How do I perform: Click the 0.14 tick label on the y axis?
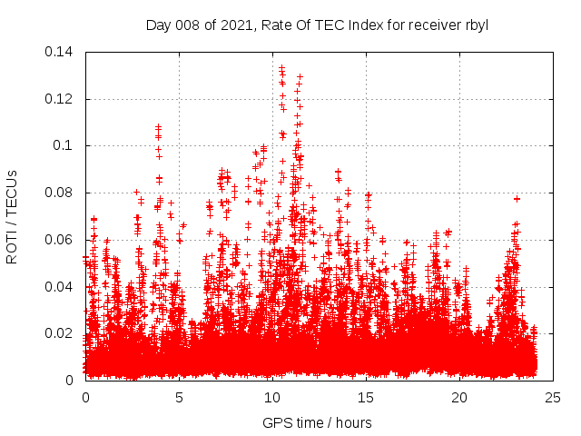(x=62, y=52)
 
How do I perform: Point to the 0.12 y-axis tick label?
(x=62, y=99)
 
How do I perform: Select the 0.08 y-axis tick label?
(x=62, y=193)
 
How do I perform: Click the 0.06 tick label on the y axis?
(x=62, y=240)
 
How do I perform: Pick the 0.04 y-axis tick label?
(x=62, y=287)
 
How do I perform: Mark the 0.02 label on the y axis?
(x=62, y=333)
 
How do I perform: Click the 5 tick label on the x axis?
(x=179, y=397)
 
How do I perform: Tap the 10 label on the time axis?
(x=272, y=397)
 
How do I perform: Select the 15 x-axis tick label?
(x=366, y=397)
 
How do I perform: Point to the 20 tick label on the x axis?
(x=459, y=397)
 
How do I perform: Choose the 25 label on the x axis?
(x=553, y=397)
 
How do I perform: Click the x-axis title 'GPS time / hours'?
(x=317, y=422)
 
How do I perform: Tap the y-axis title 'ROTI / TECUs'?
(x=12, y=216)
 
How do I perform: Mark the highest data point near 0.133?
(x=281, y=67)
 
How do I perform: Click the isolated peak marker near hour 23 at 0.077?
(x=517, y=198)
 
